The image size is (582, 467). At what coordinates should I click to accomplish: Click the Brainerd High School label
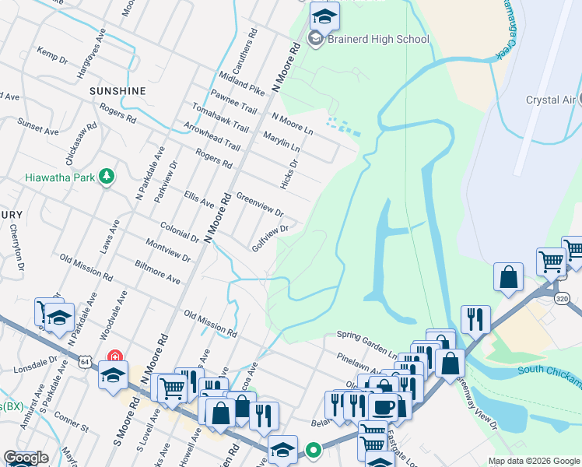(378, 39)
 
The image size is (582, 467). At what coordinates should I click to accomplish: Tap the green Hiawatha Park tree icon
(107, 177)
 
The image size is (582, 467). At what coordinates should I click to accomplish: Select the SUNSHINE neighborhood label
(117, 91)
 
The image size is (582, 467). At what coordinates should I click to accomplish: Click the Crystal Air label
(550, 100)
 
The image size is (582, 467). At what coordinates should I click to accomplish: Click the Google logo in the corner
(26, 458)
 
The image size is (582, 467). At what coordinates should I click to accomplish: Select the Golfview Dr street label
(270, 238)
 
